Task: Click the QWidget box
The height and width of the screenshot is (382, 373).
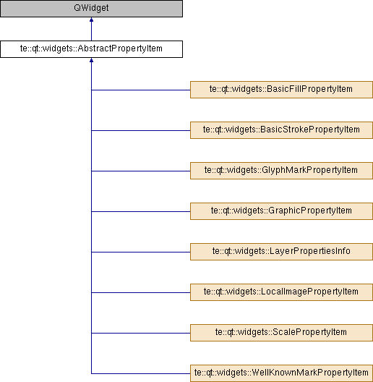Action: (91, 9)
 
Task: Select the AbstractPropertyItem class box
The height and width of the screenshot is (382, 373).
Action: (91, 49)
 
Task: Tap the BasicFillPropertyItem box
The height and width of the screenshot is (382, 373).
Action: (281, 90)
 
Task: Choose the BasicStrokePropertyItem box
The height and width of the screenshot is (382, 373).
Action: (281, 130)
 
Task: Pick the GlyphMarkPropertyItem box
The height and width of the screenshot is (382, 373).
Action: (281, 171)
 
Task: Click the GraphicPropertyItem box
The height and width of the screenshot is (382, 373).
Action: (281, 211)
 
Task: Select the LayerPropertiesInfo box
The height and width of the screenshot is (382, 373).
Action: (281, 252)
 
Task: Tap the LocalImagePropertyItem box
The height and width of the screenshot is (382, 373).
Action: (281, 292)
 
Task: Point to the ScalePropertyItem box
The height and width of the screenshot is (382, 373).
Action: (281, 333)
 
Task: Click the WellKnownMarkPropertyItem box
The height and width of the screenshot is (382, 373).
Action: (281, 373)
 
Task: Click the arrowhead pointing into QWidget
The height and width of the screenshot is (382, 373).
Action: (91, 20)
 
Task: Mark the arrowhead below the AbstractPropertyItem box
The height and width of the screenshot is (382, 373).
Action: (91, 60)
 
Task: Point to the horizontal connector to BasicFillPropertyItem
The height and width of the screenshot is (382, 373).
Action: (141, 90)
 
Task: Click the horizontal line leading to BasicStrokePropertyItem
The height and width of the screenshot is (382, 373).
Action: (141, 130)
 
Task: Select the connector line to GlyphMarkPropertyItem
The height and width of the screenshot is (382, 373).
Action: (141, 171)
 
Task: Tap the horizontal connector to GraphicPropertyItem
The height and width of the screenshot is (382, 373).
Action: (141, 211)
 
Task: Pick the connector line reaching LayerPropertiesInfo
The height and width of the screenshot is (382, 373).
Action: (141, 252)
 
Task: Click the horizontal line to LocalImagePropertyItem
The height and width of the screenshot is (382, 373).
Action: (141, 292)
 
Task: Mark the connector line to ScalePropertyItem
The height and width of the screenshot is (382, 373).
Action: (141, 333)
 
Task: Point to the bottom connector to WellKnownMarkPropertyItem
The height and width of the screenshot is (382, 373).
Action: (141, 373)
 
